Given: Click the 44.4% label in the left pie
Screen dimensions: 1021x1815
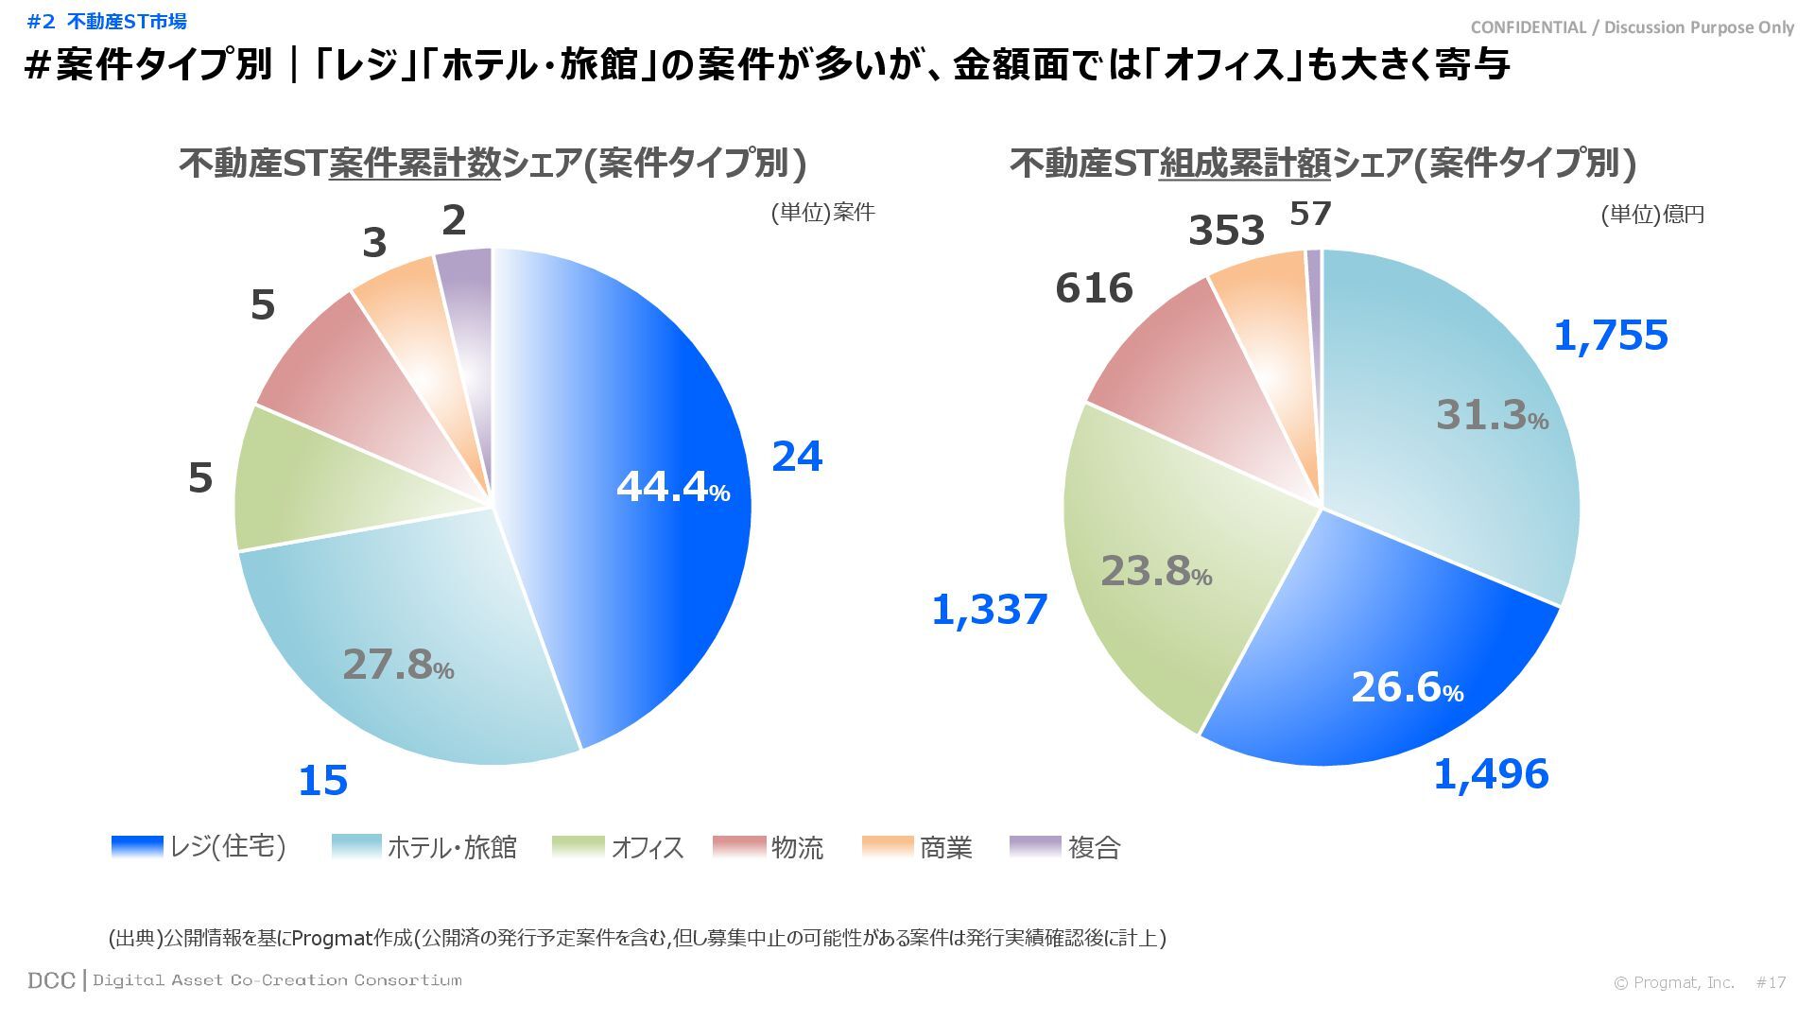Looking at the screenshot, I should tap(672, 487).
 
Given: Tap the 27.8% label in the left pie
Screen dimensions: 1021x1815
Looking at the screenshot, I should tap(398, 665).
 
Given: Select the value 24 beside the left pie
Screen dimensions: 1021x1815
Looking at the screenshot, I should tap(797, 457).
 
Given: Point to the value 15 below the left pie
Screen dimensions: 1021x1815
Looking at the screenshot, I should tap(323, 781).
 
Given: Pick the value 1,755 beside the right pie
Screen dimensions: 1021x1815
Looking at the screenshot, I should tap(1611, 336).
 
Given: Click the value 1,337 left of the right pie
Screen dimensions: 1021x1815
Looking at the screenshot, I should tap(989, 610).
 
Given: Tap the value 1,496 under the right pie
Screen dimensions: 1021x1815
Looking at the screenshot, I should tap(1491, 774).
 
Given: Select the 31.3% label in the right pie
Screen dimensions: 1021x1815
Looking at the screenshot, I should tap(1492, 415).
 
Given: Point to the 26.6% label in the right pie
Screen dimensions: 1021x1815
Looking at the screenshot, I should tap(1407, 687).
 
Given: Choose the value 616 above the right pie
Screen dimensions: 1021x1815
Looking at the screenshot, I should tap(1094, 288).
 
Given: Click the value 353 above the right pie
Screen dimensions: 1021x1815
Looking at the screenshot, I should tap(1226, 231).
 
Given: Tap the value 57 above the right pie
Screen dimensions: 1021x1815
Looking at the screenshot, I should tap(1310, 214).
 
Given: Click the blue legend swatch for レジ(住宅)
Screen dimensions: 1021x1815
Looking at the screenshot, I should tap(137, 847).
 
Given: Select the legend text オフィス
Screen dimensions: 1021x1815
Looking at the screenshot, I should tap(647, 848).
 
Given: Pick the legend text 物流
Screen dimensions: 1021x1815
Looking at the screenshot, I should tap(797, 848).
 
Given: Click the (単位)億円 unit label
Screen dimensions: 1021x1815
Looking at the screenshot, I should tap(1651, 215).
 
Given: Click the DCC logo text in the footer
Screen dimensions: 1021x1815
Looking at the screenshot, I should tap(51, 980).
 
